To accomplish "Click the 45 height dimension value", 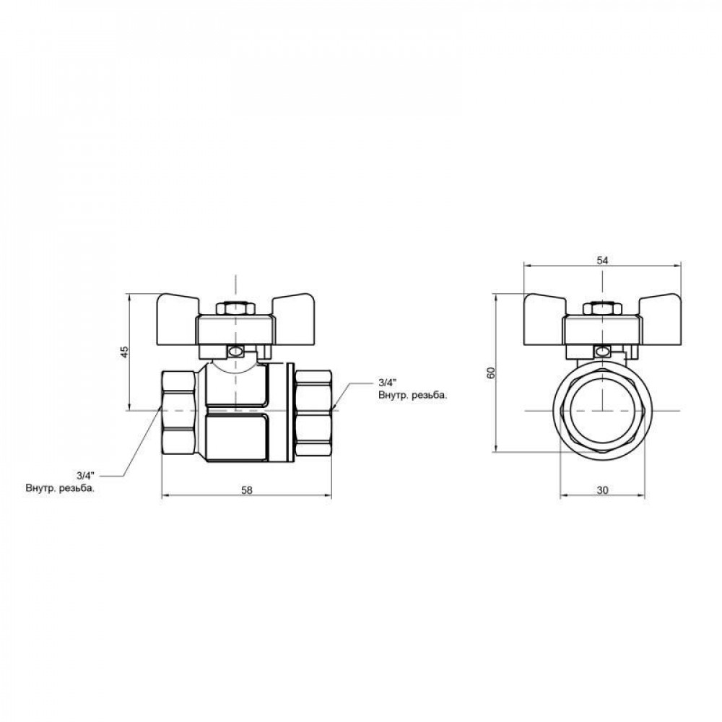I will [123, 352].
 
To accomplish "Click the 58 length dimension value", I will [246, 490].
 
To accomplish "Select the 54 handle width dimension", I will [603, 261].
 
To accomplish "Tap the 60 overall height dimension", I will [490, 373].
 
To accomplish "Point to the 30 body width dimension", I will [603, 490].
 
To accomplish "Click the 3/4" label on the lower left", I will [85, 475].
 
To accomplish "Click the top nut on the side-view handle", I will [236, 309].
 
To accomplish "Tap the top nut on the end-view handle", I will [602, 309].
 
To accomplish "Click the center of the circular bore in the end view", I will [603, 409].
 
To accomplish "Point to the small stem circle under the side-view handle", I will [236, 352].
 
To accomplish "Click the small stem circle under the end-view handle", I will [602, 352].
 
